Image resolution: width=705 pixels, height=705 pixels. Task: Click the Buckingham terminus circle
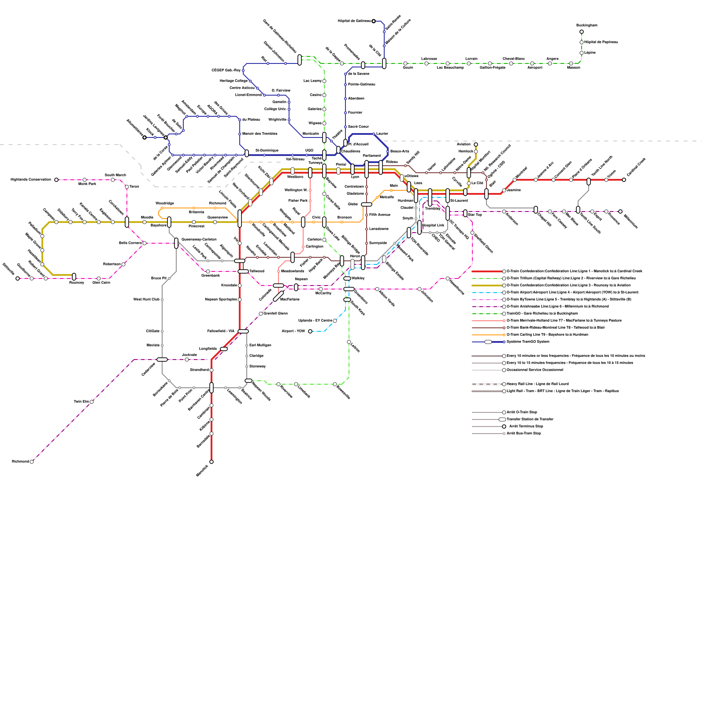click(x=582, y=32)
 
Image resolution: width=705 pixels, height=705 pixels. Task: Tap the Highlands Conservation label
click(x=31, y=180)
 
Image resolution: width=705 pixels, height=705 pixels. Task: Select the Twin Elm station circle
click(x=92, y=402)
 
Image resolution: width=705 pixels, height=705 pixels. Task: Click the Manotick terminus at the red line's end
click(x=211, y=462)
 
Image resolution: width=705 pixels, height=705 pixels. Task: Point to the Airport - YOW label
click(x=293, y=331)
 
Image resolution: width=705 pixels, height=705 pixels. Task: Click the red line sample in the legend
click(x=486, y=271)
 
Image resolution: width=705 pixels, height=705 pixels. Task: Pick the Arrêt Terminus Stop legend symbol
click(x=504, y=427)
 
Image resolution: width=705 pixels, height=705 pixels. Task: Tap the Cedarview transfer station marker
click(x=162, y=360)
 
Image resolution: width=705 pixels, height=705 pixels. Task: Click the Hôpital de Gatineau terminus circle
click(x=374, y=21)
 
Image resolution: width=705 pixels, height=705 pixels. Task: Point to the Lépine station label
click(x=590, y=53)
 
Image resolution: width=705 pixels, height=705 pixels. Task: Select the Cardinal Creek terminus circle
click(x=624, y=180)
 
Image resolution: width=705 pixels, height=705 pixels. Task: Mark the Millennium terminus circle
click(x=620, y=211)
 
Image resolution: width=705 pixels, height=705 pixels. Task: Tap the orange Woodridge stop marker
click(x=162, y=208)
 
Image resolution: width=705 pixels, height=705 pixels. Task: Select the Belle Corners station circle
click(x=145, y=243)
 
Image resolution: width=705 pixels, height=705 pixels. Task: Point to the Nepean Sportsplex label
click(x=221, y=300)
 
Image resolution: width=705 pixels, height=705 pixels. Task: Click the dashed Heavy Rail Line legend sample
click(x=486, y=384)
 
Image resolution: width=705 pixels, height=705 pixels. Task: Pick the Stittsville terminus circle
click(x=18, y=278)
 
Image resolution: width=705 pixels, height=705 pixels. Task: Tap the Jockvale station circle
click(x=187, y=360)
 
